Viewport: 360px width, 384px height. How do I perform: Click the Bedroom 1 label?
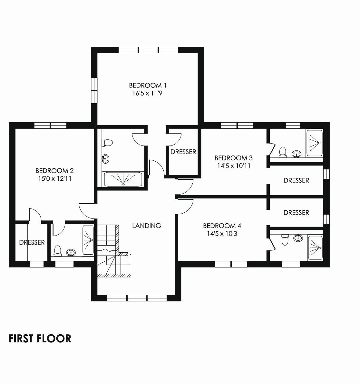[x=148, y=85]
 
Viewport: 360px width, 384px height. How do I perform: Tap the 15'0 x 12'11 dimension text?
[x=54, y=178]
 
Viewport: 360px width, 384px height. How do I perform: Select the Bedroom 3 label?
[x=234, y=158]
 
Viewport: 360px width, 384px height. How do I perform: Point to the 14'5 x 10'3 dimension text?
[x=222, y=233]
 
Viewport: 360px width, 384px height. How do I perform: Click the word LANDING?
[x=147, y=226]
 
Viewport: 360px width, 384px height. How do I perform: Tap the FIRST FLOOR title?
[x=40, y=339]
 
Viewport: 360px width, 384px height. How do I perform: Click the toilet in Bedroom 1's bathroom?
[x=107, y=143]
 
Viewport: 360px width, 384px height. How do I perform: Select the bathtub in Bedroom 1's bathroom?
[x=123, y=179]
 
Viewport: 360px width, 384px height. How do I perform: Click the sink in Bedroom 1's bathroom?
[x=105, y=159]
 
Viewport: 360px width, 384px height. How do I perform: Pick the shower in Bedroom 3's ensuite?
[x=315, y=143]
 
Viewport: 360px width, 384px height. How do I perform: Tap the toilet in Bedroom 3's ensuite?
[x=283, y=152]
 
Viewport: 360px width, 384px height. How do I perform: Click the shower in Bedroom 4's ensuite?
[x=315, y=248]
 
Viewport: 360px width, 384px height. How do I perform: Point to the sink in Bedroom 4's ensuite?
[x=298, y=238]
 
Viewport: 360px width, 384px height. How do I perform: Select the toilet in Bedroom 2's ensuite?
[x=57, y=251]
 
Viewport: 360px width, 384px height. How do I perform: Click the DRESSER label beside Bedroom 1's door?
[x=183, y=152]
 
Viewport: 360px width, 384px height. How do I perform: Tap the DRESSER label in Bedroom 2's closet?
[x=32, y=242]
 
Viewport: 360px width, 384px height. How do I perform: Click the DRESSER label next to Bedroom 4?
[x=296, y=213]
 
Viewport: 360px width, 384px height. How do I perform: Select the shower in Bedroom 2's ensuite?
[x=88, y=240]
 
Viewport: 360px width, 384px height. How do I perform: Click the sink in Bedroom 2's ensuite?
[x=71, y=252]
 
